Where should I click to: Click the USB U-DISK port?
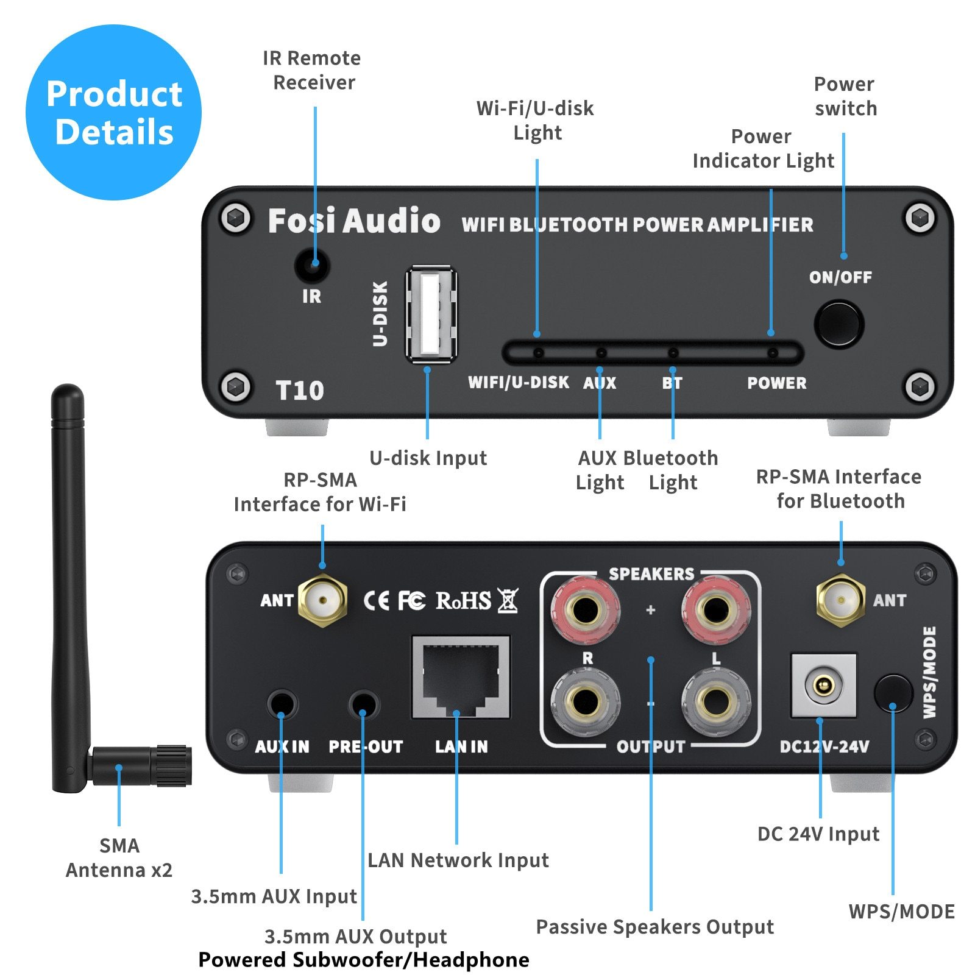click(431, 314)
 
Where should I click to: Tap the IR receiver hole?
click(313, 265)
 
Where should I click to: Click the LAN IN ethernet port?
click(461, 677)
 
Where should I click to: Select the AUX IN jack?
click(282, 705)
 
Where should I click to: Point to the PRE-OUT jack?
click(364, 705)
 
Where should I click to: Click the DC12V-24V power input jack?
click(823, 686)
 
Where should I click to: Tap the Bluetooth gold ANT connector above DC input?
click(840, 600)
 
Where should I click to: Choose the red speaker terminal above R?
click(586, 609)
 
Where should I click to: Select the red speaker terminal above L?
click(716, 609)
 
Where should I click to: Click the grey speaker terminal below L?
click(716, 702)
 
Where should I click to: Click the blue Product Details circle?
click(114, 113)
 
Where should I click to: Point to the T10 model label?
click(299, 391)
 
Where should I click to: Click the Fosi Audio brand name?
click(354, 221)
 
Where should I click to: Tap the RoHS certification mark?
click(463, 601)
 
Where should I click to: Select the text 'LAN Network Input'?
click(458, 860)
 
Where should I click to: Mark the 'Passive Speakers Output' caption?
click(654, 926)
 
